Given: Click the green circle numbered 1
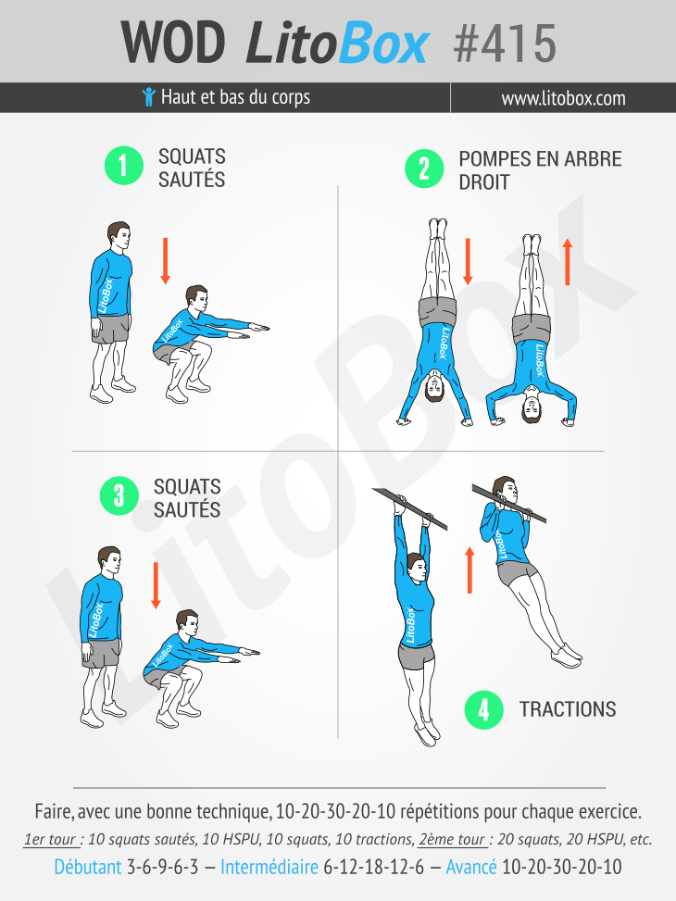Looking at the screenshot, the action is (x=123, y=166).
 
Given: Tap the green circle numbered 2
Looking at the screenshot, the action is (x=424, y=169).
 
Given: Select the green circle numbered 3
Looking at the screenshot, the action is (x=119, y=495).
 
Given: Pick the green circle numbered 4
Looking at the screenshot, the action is (x=484, y=709).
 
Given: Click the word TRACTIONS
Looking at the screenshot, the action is (x=568, y=709).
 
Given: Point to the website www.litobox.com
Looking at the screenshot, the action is (x=563, y=98).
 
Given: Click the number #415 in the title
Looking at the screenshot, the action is (x=505, y=44).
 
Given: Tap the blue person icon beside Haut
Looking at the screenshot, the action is (x=149, y=96).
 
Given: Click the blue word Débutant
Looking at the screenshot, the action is (x=88, y=867).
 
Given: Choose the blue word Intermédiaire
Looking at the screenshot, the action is (x=269, y=867).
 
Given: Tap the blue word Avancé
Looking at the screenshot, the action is (x=471, y=867).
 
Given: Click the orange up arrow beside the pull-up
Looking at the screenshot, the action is (x=469, y=569).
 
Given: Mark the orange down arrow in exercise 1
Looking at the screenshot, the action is (x=166, y=261).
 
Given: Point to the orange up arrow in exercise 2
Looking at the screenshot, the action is (x=568, y=262).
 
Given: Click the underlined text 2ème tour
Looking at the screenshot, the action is (x=452, y=840).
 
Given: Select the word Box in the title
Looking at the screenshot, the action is (x=383, y=44).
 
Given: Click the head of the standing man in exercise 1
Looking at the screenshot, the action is (x=119, y=235).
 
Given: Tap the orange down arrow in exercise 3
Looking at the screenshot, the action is (x=156, y=585).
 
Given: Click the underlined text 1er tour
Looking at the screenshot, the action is (x=51, y=840).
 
